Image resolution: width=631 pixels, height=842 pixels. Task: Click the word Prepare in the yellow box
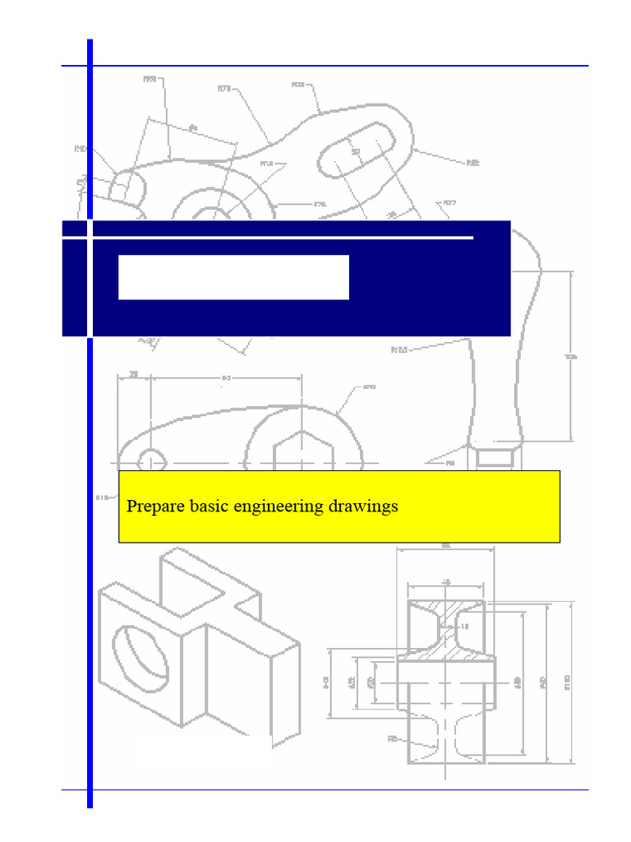click(154, 507)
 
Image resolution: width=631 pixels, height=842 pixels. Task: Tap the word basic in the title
click(208, 507)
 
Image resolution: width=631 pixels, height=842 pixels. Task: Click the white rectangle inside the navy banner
click(233, 277)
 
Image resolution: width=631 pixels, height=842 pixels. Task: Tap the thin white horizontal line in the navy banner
click(279, 238)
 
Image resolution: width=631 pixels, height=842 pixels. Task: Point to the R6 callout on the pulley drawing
click(392, 739)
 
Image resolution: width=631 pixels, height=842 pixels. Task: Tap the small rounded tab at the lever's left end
click(127, 185)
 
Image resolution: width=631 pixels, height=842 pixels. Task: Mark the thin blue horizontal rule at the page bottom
click(329, 790)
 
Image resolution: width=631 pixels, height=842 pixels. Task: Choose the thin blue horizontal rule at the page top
click(329, 66)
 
